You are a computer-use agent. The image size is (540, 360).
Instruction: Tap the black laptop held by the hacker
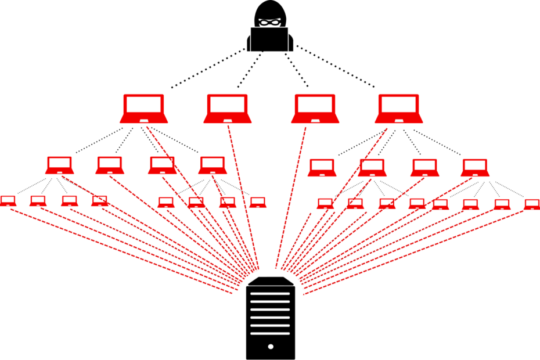pyautogui.click(x=270, y=40)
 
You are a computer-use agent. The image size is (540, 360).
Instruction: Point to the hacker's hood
pyautogui.click(x=270, y=9)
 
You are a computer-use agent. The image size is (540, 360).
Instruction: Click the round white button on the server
pyautogui.click(x=270, y=347)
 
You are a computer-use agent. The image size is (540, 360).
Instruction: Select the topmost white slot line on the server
pyautogui.click(x=270, y=294)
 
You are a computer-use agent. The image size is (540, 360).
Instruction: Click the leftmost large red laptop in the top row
pyautogui.click(x=144, y=109)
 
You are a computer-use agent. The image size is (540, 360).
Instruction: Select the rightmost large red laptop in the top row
pyautogui.click(x=399, y=109)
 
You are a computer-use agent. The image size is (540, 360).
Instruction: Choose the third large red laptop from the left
pyautogui.click(x=315, y=109)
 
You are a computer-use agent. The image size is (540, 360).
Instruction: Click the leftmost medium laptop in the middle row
pyautogui.click(x=60, y=165)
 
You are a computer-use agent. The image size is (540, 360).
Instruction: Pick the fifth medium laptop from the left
pyautogui.click(x=322, y=168)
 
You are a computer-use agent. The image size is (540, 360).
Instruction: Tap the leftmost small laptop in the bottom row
pyautogui.click(x=8, y=201)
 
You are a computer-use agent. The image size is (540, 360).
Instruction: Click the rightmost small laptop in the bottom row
pyautogui.click(x=532, y=204)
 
